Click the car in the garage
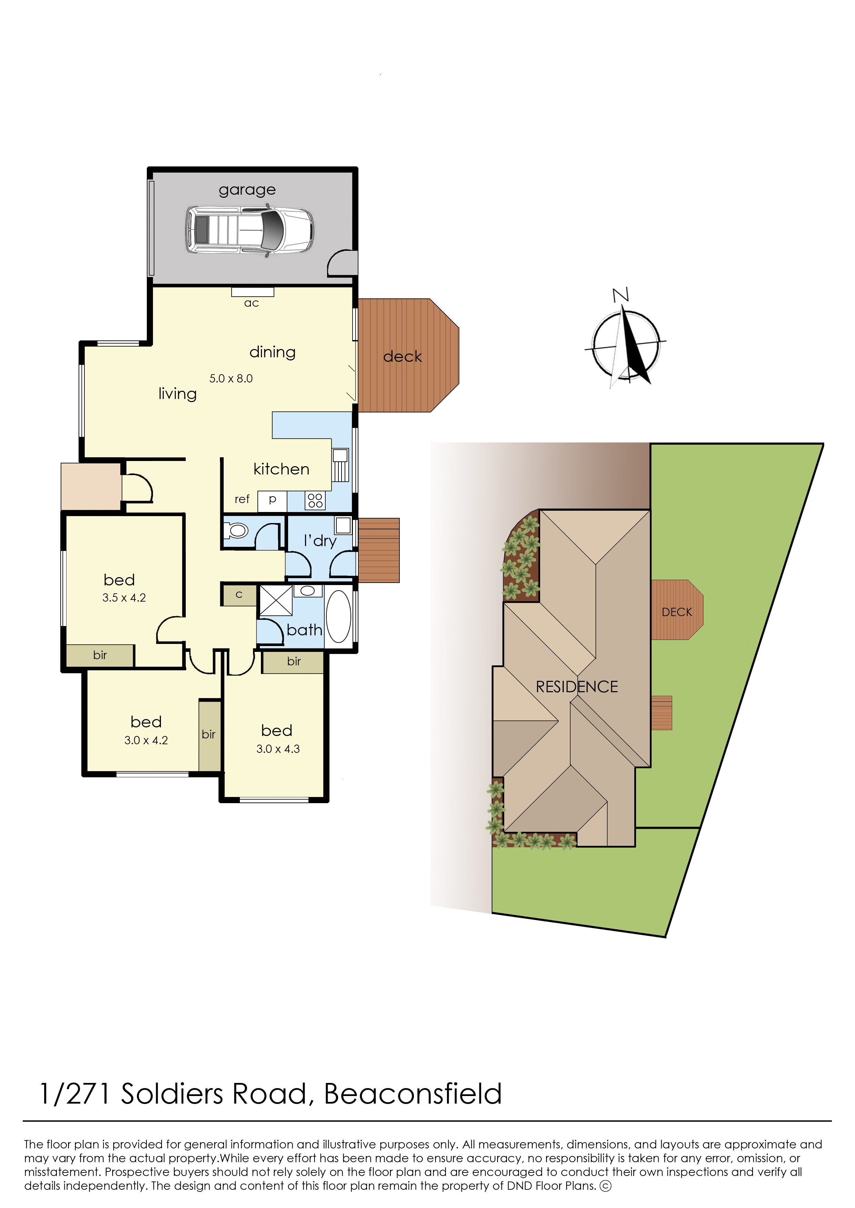click(x=250, y=230)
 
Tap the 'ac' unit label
click(x=252, y=303)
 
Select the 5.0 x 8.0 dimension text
click(x=231, y=378)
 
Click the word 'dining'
click(x=272, y=352)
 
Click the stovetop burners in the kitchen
click(x=315, y=501)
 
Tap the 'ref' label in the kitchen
click(x=242, y=499)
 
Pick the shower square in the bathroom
click(x=276, y=601)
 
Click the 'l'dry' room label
click(x=320, y=541)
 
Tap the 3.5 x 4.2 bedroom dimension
click(x=124, y=598)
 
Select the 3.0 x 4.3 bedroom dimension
click(x=278, y=749)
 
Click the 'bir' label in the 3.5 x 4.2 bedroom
click(x=100, y=655)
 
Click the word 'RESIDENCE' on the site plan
click(x=577, y=687)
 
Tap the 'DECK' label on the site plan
click(x=677, y=612)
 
